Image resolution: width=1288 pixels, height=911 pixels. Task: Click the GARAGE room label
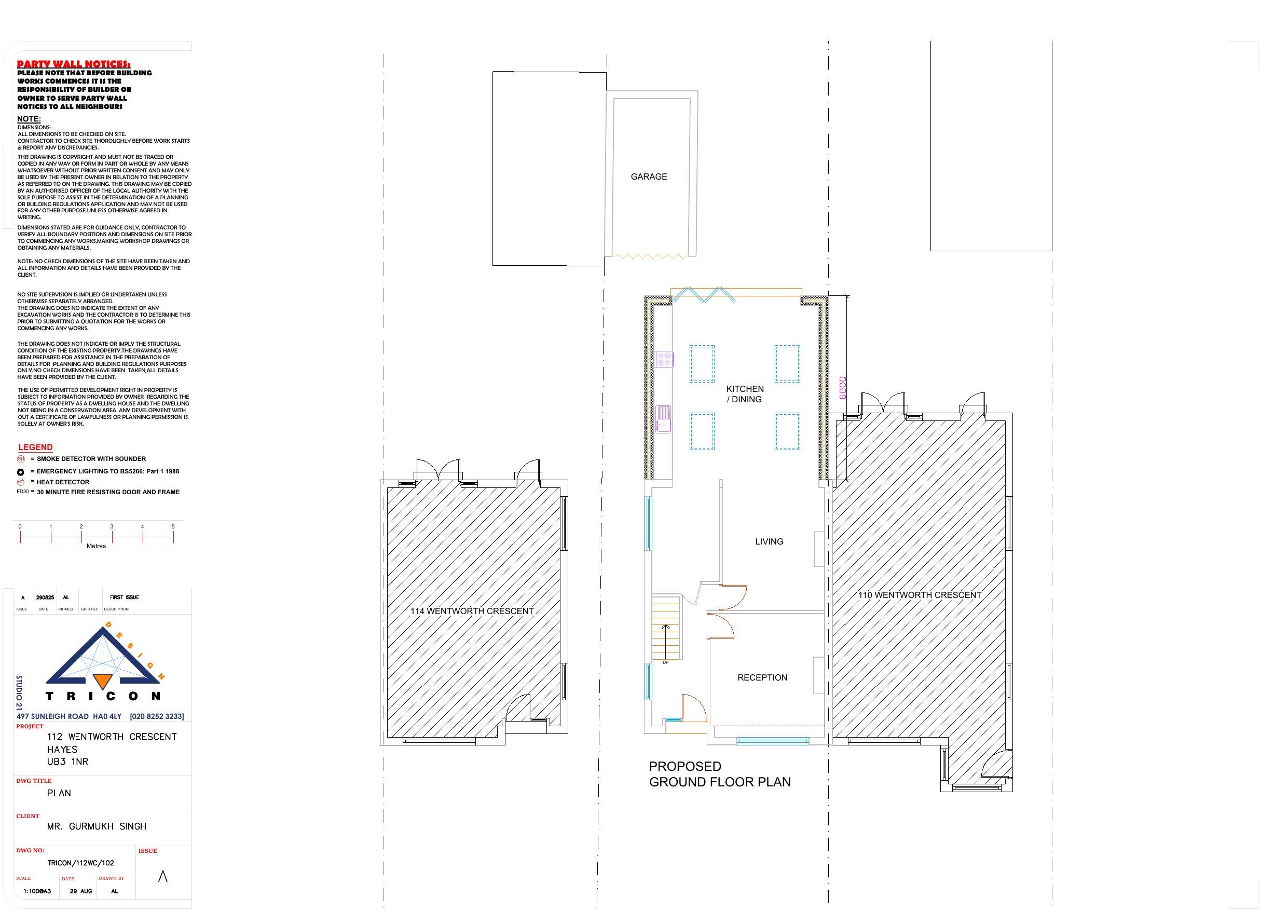[649, 177]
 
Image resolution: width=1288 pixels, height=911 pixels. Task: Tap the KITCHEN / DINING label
[745, 394]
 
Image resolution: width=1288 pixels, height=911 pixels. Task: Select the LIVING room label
[769, 541]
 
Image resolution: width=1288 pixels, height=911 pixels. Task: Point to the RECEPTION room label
[762, 677]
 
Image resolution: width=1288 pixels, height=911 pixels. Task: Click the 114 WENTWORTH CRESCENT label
[472, 611]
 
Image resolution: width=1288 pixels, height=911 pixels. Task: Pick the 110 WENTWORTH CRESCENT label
[920, 595]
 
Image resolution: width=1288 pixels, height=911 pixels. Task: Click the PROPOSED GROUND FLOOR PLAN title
[719, 774]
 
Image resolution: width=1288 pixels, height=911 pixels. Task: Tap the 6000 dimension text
[843, 387]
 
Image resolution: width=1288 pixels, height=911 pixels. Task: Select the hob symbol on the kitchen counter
[664, 359]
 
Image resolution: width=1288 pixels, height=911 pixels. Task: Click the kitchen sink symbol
[664, 419]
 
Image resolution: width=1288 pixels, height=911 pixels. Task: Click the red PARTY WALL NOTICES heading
[74, 64]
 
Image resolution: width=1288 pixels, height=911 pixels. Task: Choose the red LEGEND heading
[35, 447]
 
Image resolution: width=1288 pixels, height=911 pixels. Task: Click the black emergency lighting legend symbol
[21, 471]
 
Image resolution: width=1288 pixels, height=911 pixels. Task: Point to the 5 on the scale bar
[173, 526]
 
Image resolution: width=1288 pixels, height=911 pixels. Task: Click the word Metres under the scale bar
[96, 546]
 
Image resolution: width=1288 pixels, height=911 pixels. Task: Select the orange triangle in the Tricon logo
[102, 681]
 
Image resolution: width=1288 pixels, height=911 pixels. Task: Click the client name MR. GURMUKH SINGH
[97, 826]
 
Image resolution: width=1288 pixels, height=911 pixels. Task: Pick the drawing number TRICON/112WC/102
[81, 863]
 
